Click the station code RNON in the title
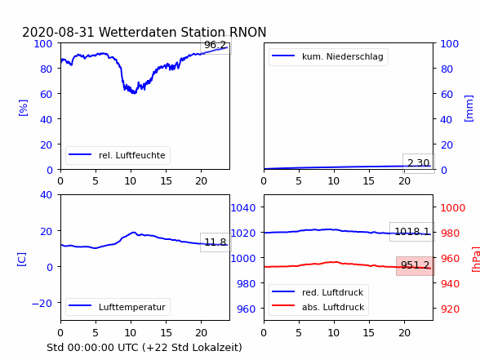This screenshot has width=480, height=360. point(246,32)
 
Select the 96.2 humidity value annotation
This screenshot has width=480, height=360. point(216,45)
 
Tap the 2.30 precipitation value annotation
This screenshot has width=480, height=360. point(419,163)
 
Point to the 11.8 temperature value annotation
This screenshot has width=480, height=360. point(216,242)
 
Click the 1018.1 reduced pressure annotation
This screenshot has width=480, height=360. point(412,232)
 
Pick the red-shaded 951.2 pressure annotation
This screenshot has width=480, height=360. point(416,265)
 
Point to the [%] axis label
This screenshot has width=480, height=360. point(23,108)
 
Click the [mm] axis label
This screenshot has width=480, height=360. point(469,109)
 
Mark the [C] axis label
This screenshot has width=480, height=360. point(21,260)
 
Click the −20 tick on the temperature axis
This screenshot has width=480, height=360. point(42,303)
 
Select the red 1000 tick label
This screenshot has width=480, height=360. point(453,208)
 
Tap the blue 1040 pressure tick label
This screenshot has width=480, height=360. point(243,208)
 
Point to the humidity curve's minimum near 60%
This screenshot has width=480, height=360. point(134,93)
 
